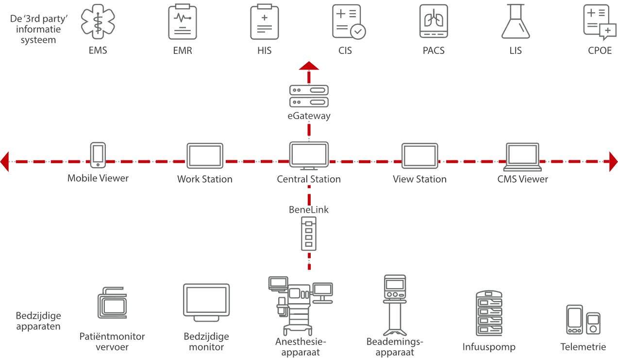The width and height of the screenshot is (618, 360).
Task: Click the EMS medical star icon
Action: click(98, 22)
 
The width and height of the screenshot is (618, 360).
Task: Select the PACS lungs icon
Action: click(434, 22)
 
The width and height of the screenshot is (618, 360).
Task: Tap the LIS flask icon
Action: click(515, 22)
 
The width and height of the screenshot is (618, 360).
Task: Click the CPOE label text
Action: click(600, 50)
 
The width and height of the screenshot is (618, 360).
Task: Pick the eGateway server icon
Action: click(309, 96)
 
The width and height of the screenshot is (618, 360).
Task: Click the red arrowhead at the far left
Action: click(5, 161)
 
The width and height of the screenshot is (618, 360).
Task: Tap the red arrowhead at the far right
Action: click(613, 161)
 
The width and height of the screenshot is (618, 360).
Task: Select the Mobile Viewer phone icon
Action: click(98, 155)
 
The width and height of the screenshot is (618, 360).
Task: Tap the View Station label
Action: click(419, 179)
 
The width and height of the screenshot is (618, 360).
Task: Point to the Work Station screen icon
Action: click(204, 156)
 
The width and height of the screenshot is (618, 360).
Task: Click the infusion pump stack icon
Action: click(488, 313)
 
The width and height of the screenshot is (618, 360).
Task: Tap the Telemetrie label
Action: click(583, 347)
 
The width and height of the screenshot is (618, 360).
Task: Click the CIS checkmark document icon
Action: click(348, 22)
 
